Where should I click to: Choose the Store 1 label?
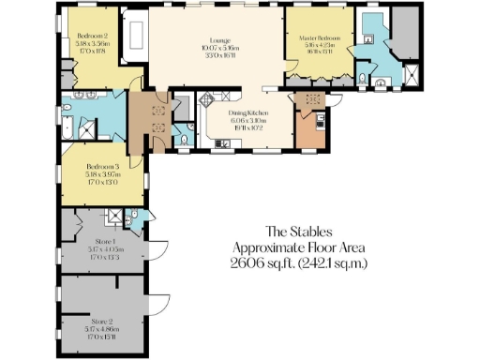click(x=99, y=242)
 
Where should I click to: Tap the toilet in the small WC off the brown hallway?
click(x=183, y=140)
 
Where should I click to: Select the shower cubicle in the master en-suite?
click(x=409, y=73)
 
